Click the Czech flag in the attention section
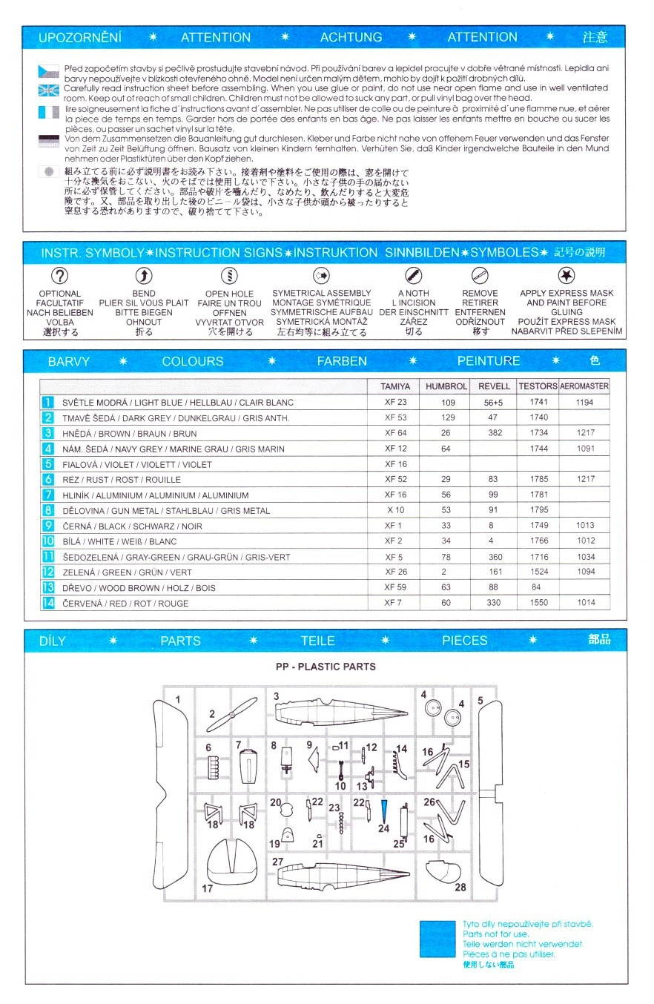pyautogui.click(x=48, y=71)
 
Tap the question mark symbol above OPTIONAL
pyautogui.click(x=59, y=276)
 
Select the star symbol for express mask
pyautogui.click(x=567, y=276)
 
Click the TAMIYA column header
pyautogui.click(x=395, y=386)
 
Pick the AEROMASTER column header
pyautogui.click(x=584, y=386)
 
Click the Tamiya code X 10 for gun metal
pyautogui.click(x=395, y=510)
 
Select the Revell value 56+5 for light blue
pyautogui.click(x=494, y=402)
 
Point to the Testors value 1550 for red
pyautogui.click(x=539, y=603)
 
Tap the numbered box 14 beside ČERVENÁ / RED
pyautogui.click(x=48, y=603)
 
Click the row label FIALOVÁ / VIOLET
pyautogui.click(x=137, y=464)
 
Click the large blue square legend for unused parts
pyautogui.click(x=437, y=943)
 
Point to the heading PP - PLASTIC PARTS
pyautogui.click(x=326, y=667)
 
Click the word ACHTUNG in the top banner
pyautogui.click(x=351, y=37)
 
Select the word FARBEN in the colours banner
pyautogui.click(x=342, y=361)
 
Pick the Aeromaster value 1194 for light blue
pyautogui.click(x=586, y=402)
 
